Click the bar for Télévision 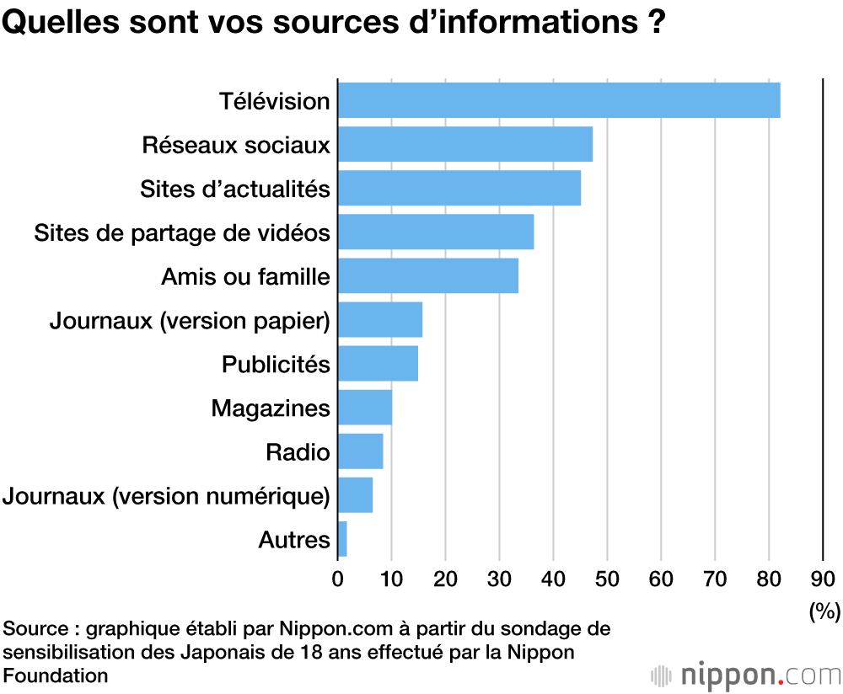point(558,100)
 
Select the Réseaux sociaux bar point(464,144)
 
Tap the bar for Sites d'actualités point(459,188)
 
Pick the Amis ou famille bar point(427,275)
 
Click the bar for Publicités point(378,364)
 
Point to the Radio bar point(360,451)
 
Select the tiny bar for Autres point(342,539)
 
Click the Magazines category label point(270,408)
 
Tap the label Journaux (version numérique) point(166,496)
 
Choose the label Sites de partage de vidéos point(181,232)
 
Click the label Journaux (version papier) point(189,320)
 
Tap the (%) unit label point(824,611)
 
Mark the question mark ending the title point(656,23)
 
